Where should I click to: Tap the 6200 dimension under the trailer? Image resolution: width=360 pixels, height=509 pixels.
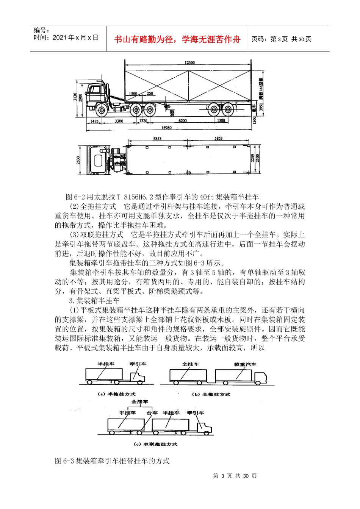click(183, 121)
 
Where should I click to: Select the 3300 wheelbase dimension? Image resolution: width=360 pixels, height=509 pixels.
click(119, 121)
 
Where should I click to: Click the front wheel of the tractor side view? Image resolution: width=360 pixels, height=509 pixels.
click(101, 111)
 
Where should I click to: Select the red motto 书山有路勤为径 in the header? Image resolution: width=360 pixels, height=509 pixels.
click(177, 39)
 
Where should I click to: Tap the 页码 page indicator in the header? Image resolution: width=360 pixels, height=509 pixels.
click(281, 39)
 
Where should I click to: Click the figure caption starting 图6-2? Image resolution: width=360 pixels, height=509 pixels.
click(162, 197)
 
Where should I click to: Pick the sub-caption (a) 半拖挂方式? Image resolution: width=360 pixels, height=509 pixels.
click(116, 394)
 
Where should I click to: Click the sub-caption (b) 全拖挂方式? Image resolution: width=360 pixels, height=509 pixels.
click(211, 394)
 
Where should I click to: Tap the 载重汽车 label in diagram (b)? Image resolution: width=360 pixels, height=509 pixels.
click(245, 364)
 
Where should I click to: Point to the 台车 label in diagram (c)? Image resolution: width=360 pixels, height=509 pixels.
click(152, 413)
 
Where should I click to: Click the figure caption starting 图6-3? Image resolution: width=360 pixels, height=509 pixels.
click(112, 461)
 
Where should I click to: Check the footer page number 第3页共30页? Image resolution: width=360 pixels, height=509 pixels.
click(235, 476)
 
